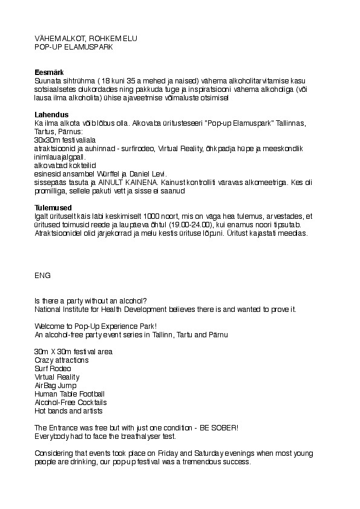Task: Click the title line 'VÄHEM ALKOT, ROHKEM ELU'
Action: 86,38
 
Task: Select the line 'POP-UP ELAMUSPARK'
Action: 74,46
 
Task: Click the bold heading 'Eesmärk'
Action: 49,73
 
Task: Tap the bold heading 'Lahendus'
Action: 51,115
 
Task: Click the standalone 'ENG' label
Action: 42,275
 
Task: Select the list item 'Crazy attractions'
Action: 62,360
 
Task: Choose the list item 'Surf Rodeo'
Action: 53,369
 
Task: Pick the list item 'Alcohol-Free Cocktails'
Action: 71,403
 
